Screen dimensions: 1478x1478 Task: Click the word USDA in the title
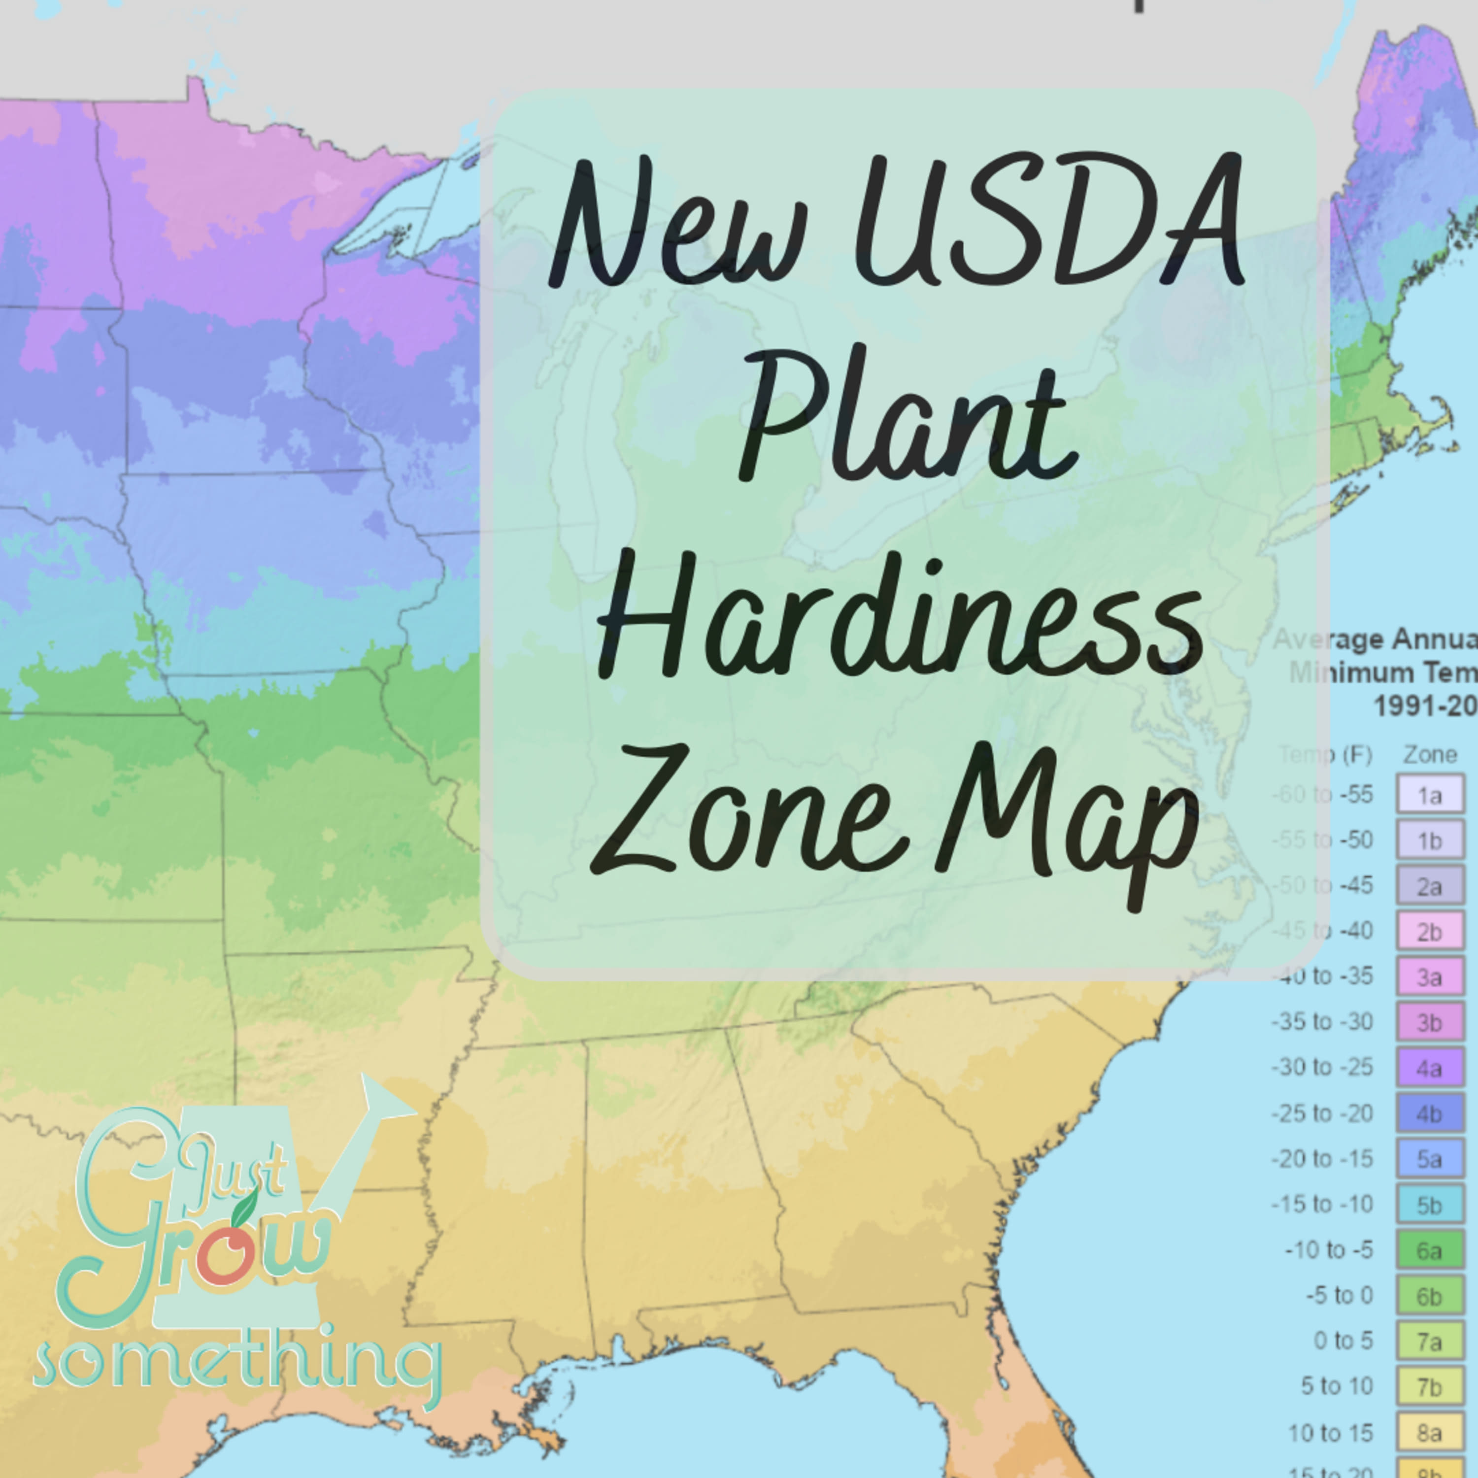[1048, 222]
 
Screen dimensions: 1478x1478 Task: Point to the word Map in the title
[1071, 822]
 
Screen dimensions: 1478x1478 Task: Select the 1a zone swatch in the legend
[1430, 794]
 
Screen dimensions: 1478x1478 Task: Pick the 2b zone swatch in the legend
[1430, 931]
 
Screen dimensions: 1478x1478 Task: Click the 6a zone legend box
[1430, 1250]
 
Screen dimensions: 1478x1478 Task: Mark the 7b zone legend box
[1430, 1386]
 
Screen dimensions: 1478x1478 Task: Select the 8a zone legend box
[1430, 1432]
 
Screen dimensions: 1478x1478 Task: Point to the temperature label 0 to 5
[1344, 1341]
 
